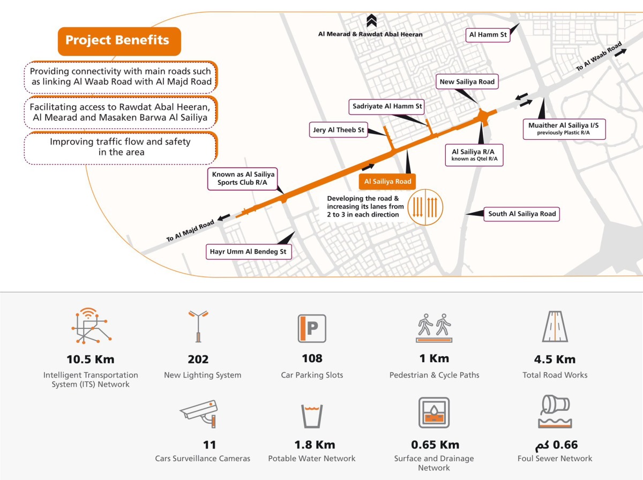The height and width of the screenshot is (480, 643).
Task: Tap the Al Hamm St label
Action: [x=488, y=35]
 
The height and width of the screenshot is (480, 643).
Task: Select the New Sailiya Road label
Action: [x=467, y=82]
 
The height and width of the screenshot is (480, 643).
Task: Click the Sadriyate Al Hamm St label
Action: [x=387, y=107]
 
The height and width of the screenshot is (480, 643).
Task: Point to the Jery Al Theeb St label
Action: [x=338, y=130]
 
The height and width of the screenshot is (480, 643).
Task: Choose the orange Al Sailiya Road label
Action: [x=387, y=182]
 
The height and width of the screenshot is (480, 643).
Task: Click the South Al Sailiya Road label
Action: [x=521, y=214]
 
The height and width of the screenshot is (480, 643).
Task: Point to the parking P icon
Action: [x=312, y=328]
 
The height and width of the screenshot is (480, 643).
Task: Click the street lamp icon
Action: [x=198, y=325]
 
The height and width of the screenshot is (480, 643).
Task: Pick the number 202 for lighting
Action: [x=198, y=359]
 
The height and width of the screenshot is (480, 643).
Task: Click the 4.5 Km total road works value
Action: [x=555, y=359]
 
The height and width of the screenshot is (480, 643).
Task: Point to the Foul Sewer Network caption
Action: [x=555, y=459]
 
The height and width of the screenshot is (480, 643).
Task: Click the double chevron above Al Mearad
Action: [x=370, y=22]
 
